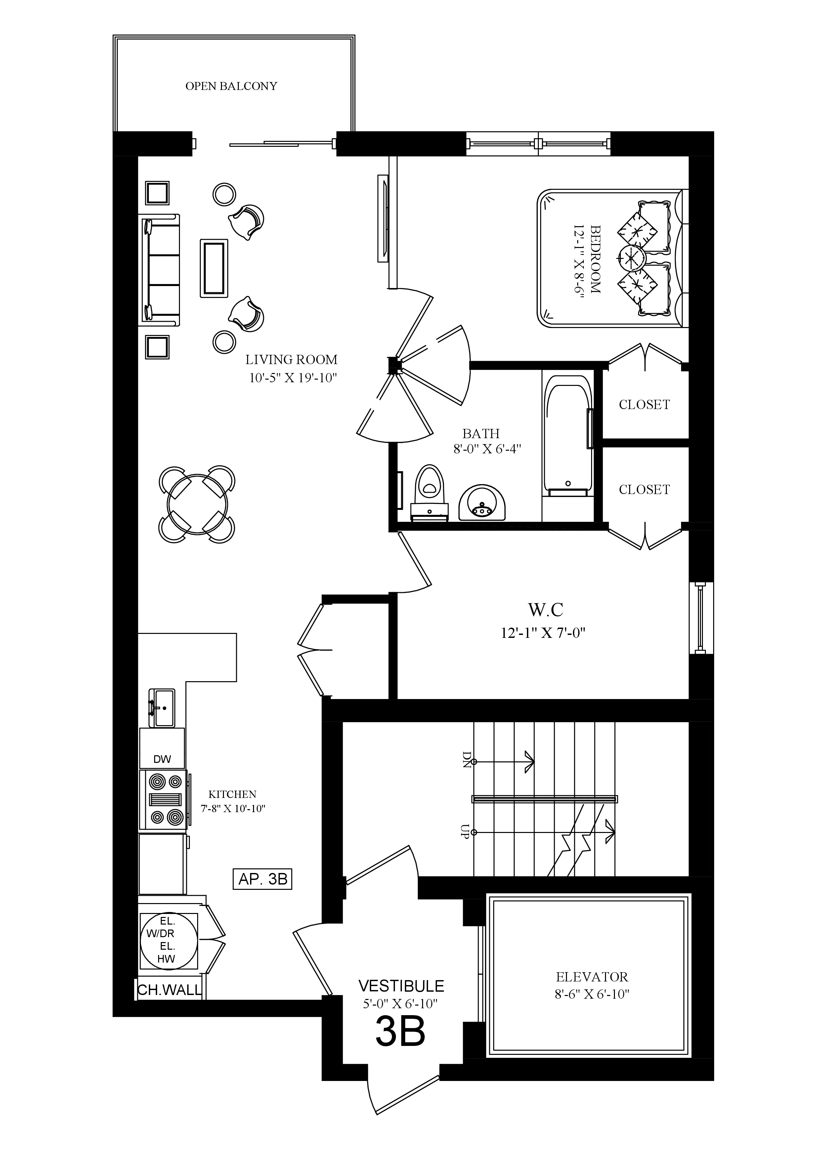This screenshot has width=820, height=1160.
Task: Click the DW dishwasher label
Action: [162, 759]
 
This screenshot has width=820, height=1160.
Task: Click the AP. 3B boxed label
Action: [263, 879]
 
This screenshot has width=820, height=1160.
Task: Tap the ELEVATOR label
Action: [592, 976]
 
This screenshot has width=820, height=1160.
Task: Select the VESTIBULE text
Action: [401, 986]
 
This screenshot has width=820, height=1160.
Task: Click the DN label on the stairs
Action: [466, 759]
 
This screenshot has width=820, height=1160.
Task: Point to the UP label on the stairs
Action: [465, 831]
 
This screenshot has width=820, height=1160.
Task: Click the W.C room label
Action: [546, 610]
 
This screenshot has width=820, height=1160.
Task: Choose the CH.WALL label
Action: [170, 990]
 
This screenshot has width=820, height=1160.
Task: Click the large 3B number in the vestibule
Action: [401, 1032]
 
